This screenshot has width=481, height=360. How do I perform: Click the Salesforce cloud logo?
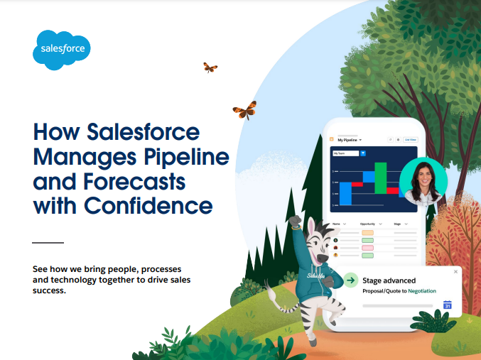click(x=62, y=50)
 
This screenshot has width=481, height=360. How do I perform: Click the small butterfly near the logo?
click(x=210, y=67)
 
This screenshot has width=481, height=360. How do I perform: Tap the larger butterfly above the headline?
click(x=244, y=110)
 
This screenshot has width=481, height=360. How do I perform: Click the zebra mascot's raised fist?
click(x=294, y=222)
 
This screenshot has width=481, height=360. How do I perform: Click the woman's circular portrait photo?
click(x=423, y=180)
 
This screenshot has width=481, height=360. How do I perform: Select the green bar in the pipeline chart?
click(x=382, y=177)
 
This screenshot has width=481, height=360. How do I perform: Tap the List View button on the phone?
click(x=410, y=140)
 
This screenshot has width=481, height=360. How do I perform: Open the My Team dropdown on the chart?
click(x=350, y=153)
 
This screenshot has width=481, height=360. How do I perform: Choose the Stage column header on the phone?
click(x=399, y=224)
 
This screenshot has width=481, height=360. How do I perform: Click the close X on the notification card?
click(x=455, y=271)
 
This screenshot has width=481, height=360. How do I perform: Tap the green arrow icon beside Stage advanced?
click(x=351, y=281)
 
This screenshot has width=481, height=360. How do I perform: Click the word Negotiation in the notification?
click(x=422, y=290)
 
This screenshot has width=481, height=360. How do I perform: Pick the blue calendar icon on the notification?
click(x=448, y=305)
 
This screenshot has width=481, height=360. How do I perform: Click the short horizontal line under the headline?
click(x=48, y=242)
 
